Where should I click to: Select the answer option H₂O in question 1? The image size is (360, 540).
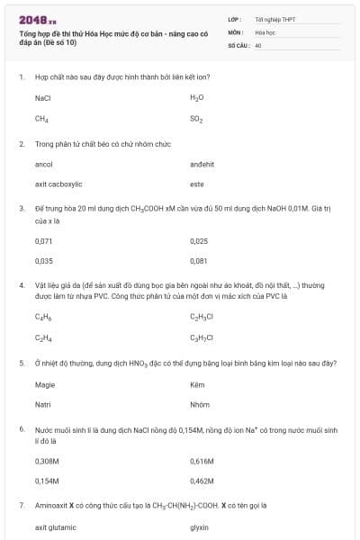click(x=197, y=97)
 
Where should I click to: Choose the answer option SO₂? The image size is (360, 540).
click(x=197, y=118)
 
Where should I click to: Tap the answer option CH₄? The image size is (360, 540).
click(x=41, y=118)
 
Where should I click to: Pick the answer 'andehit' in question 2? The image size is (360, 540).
click(x=202, y=165)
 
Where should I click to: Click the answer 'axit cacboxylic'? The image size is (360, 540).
click(x=58, y=184)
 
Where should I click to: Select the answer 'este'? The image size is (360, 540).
click(x=197, y=184)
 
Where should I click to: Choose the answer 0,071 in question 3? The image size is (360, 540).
click(x=43, y=241)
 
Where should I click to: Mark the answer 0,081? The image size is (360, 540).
click(x=199, y=261)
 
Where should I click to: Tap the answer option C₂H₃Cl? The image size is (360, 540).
click(x=202, y=317)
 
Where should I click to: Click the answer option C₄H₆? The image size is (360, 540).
click(x=41, y=317)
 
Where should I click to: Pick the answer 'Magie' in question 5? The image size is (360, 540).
click(x=45, y=384)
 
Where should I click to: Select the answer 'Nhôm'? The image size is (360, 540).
click(x=200, y=404)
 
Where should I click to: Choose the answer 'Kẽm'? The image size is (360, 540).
click(x=198, y=384)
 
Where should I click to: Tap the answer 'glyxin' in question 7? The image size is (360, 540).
click(x=200, y=527)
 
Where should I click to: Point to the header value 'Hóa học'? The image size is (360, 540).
click(x=265, y=31)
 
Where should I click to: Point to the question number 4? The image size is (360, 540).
click(x=21, y=284)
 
